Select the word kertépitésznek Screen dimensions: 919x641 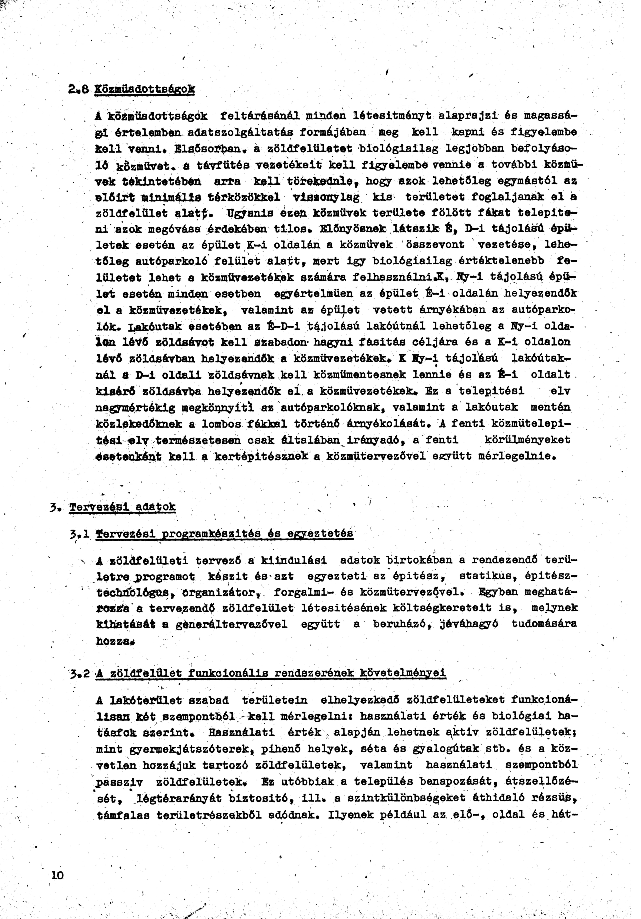coord(261,456)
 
